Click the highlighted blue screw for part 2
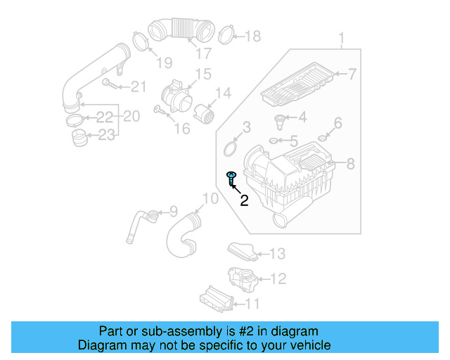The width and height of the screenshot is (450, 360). pos(231,179)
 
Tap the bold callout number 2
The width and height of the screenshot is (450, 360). pos(244,201)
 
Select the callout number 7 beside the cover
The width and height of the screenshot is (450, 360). pos(352,74)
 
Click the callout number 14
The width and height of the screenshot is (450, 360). pos(223,93)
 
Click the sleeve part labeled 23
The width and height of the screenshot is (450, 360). pos(80,137)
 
